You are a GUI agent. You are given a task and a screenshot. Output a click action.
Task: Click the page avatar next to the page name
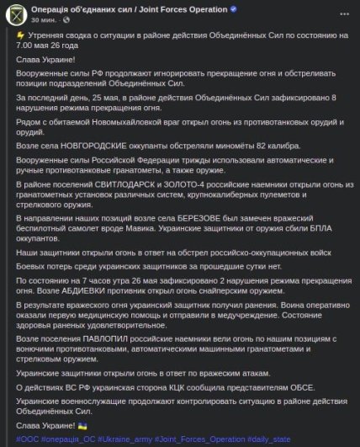tap(16, 15)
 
